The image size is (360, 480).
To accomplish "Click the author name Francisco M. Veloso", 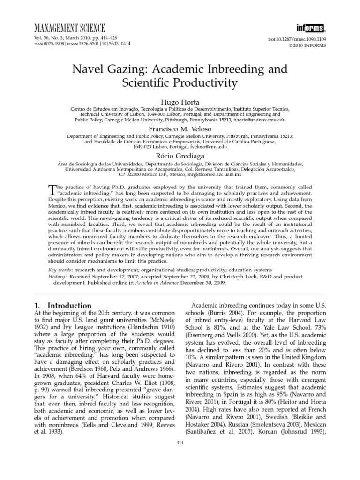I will [180, 128].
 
